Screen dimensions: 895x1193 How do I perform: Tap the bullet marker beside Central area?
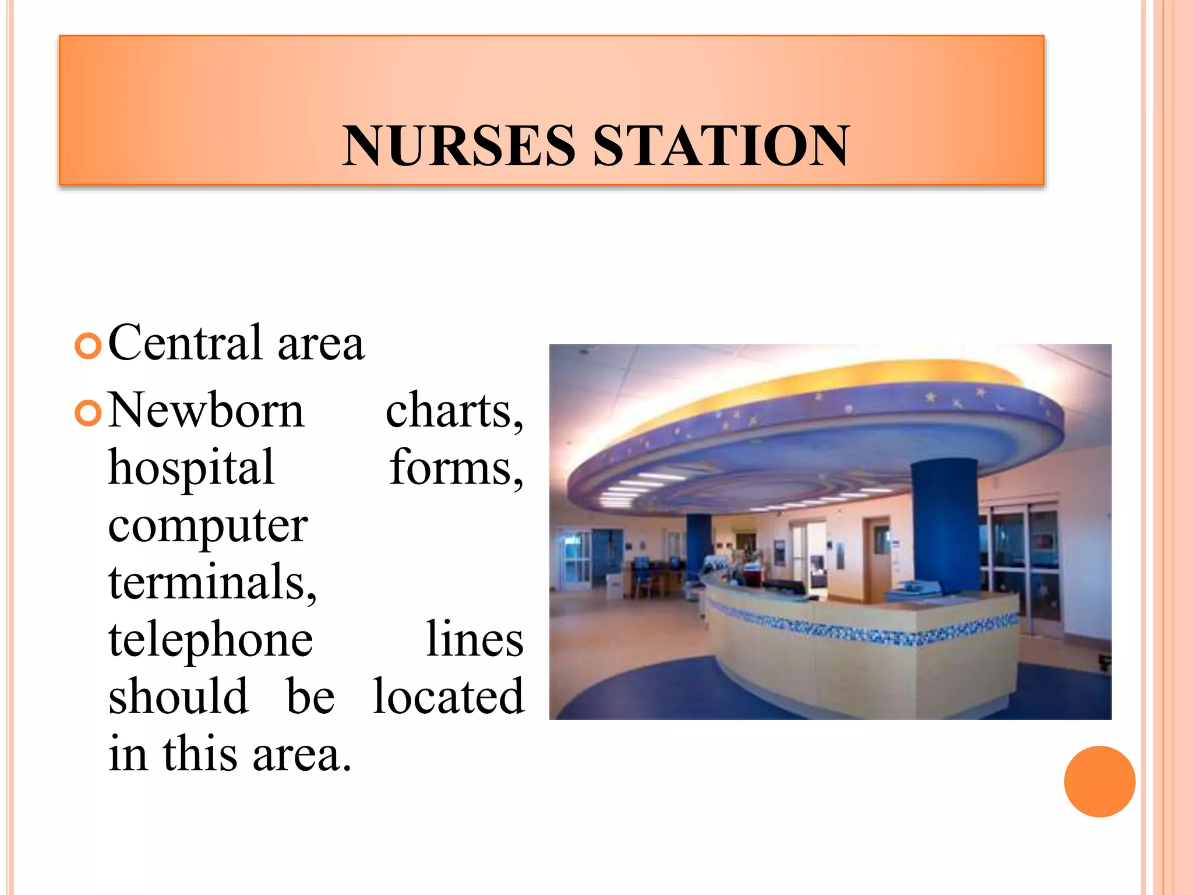coord(89,346)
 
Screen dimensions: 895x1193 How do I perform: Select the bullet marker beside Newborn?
coord(89,414)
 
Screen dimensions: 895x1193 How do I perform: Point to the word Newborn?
coord(206,410)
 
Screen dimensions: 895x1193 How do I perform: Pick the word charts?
coord(454,411)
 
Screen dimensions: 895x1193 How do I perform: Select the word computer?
coord(208,526)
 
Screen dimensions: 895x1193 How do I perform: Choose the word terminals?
coord(213,582)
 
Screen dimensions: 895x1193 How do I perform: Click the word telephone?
coord(211,640)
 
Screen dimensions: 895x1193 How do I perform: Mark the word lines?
coord(474,639)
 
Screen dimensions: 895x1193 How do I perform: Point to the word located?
coord(448,696)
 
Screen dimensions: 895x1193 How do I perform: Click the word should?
coord(178,696)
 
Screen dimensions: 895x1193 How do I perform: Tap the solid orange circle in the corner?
coord(1099,781)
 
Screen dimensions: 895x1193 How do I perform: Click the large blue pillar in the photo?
coord(945,524)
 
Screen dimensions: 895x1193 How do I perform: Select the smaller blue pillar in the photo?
coord(698,545)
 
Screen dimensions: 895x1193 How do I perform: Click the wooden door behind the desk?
coord(876,559)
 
